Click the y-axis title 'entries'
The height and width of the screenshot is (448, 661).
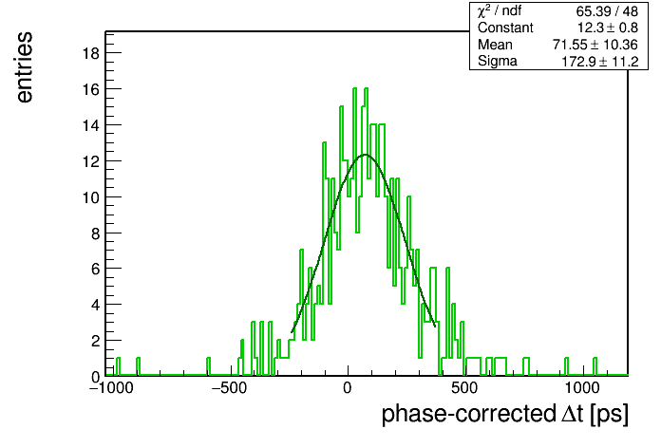click(25, 67)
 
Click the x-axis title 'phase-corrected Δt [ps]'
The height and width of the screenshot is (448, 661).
click(505, 414)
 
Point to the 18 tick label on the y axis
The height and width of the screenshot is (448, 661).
click(90, 53)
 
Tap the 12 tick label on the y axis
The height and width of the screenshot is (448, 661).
click(90, 161)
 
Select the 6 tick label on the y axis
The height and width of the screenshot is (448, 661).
click(95, 269)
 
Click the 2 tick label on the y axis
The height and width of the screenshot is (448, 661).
click(95, 341)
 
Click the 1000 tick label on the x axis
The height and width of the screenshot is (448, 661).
click(582, 388)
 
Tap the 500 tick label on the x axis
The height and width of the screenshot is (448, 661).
click(464, 388)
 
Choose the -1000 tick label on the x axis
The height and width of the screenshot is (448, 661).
click(111, 388)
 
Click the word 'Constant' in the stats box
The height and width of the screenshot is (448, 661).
click(505, 28)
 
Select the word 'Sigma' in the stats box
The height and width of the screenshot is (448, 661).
click(498, 62)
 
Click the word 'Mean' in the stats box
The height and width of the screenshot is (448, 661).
click(495, 45)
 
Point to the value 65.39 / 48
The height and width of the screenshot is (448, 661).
click(607, 11)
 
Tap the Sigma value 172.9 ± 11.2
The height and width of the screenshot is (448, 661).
click(600, 62)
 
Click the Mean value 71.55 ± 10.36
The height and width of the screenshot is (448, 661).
click(595, 45)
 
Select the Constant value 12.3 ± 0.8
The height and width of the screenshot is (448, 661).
click(608, 28)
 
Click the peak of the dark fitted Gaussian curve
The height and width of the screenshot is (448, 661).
click(365, 155)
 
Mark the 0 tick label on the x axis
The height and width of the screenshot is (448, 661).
click(347, 388)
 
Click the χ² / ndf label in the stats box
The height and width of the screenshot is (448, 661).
click(500, 11)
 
